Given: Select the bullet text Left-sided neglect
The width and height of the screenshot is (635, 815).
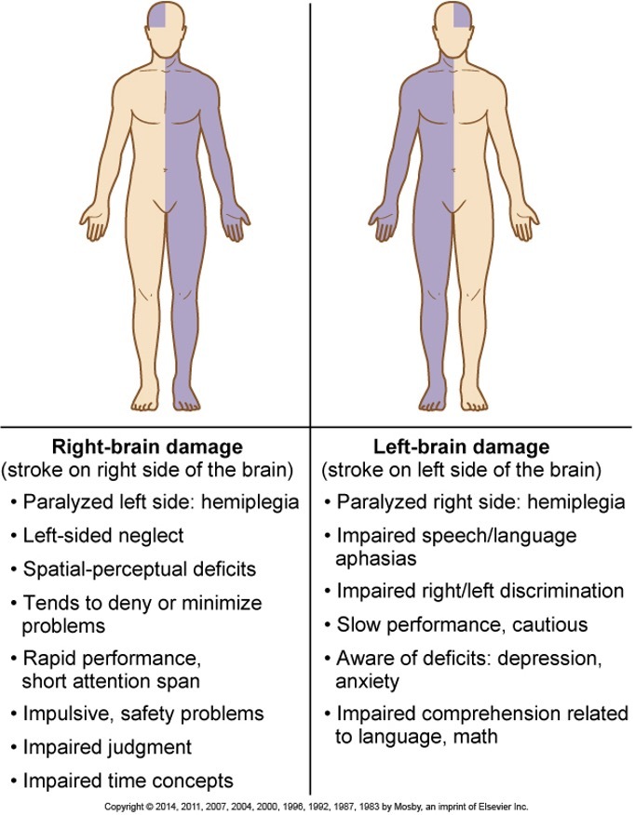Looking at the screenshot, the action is (103, 535).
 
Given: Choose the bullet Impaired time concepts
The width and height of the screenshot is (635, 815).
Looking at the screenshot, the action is (128, 780).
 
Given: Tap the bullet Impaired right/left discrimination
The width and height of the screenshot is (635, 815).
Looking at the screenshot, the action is (480, 591).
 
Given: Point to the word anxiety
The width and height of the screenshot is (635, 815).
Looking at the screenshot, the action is (367, 681).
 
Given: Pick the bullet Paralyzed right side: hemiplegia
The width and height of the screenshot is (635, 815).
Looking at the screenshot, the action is (480, 502).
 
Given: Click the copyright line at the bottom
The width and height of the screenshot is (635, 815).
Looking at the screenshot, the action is (317, 806).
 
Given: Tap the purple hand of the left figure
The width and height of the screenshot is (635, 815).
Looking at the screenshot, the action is (238, 223).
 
